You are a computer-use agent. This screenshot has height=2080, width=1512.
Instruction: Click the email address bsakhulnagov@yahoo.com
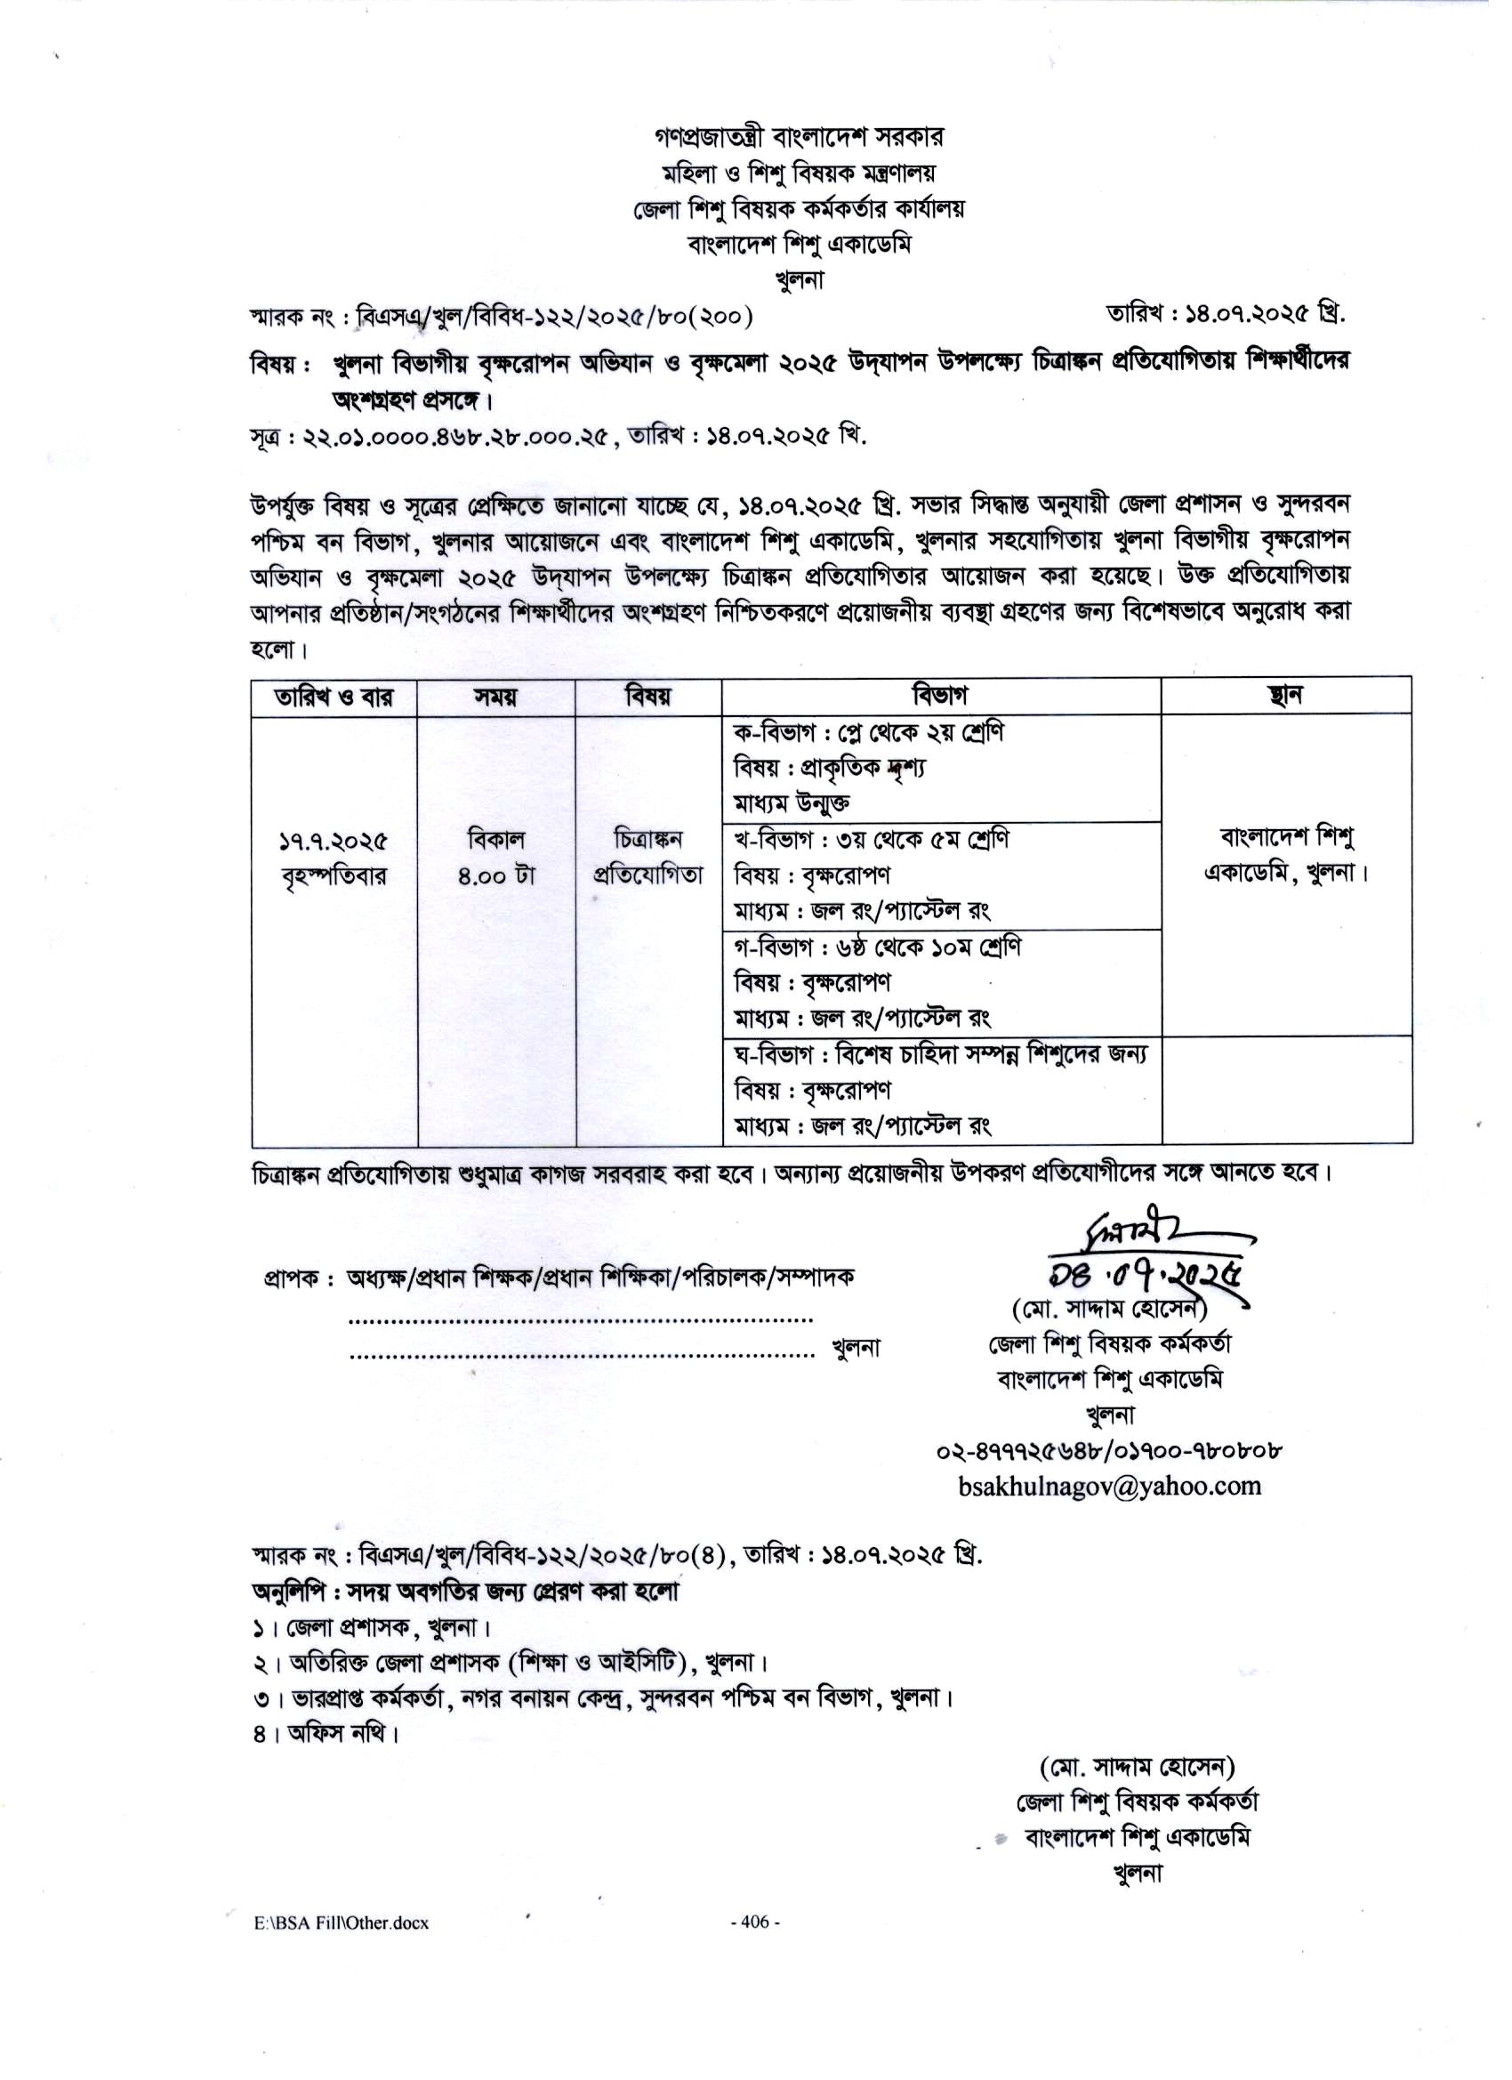coord(1109,1487)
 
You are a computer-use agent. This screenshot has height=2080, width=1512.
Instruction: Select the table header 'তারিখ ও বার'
coord(334,697)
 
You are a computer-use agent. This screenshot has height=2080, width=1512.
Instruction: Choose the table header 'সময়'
coord(495,697)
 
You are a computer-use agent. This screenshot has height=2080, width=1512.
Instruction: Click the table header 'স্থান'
coord(1285,696)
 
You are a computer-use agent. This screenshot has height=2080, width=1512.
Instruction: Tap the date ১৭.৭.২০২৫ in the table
coord(334,841)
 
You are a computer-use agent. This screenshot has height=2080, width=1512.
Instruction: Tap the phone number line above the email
coord(1108,1452)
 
